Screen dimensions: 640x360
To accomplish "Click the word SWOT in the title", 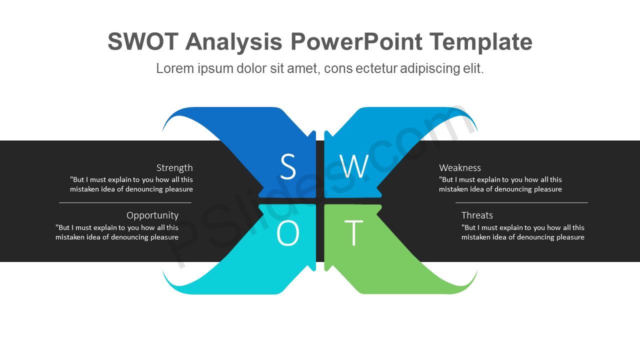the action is tap(143, 41).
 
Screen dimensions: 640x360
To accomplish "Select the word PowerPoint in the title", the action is tap(356, 41).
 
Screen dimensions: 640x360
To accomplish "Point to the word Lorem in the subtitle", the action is tap(175, 68).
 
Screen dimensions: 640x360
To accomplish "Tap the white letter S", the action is tap(287, 166).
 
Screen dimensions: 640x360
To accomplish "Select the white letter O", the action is tap(287, 233).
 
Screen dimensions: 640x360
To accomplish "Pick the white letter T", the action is tap(353, 233).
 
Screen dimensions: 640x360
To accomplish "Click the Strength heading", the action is tap(174, 168).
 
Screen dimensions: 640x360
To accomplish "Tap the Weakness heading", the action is tap(460, 167).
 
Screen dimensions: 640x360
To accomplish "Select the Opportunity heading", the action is tap(152, 215).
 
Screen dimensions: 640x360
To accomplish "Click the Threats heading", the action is tap(477, 215).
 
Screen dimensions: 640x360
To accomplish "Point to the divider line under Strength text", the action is tap(125, 202).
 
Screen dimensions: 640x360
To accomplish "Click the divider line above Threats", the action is tap(521, 202).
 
